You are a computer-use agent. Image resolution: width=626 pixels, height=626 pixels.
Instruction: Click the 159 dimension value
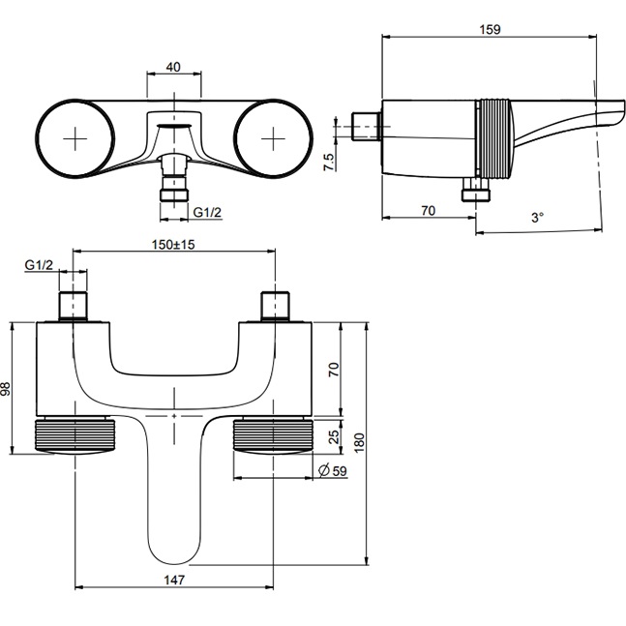tap(490, 29)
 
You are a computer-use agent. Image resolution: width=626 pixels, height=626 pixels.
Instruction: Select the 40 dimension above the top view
tap(173, 67)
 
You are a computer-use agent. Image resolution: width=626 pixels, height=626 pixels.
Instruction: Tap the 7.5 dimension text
tap(329, 163)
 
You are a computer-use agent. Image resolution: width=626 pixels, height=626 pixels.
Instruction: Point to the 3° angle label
tap(537, 218)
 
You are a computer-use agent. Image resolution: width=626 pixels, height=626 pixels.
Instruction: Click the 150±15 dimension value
tap(173, 245)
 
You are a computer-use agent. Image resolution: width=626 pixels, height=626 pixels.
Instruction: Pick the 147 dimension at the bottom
tap(175, 580)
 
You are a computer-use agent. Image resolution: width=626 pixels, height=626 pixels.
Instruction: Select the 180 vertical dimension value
tap(359, 442)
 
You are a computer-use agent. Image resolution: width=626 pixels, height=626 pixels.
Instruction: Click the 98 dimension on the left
tap(6, 388)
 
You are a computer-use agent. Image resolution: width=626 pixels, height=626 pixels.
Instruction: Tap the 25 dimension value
tap(335, 436)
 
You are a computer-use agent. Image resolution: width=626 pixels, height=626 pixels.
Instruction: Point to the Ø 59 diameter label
tap(333, 470)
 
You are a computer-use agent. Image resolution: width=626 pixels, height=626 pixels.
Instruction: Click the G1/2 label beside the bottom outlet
tap(207, 212)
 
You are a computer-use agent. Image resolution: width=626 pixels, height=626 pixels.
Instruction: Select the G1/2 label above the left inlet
tap(39, 265)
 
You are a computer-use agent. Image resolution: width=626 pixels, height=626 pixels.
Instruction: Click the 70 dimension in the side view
tap(428, 210)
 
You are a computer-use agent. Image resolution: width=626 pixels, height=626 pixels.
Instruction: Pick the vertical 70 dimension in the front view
tap(334, 370)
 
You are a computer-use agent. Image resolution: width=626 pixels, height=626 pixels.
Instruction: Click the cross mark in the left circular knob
tap(75, 138)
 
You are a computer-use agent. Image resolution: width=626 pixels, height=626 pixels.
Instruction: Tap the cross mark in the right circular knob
tap(274, 138)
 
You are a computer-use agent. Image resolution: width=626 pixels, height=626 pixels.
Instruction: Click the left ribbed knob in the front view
tap(75, 436)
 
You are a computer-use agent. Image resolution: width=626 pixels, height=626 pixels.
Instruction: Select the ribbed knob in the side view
tap(493, 138)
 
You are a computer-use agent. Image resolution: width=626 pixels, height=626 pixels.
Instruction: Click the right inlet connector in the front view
tap(275, 306)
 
